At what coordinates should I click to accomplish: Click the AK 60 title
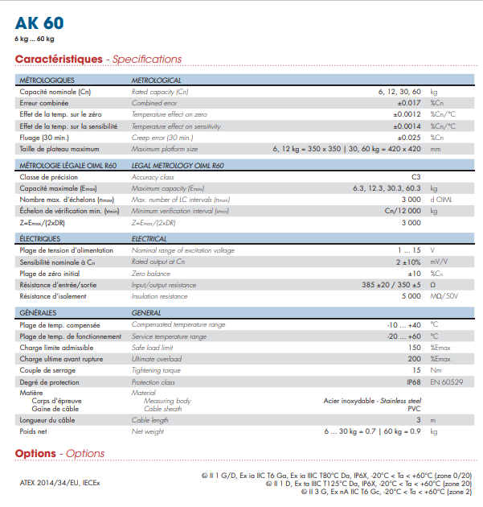coord(40,23)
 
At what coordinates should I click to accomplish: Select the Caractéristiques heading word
coord(59,60)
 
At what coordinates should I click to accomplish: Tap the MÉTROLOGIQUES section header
coord(47,80)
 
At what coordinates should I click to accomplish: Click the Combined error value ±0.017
coord(408,104)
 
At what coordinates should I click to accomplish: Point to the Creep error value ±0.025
coord(408,138)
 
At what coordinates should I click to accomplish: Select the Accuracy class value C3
coord(415,176)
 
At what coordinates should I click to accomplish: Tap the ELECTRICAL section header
coord(149,239)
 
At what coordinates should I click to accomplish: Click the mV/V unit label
coord(439,262)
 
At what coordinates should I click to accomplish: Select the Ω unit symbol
coord(433,285)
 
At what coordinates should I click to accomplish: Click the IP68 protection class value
coord(412,381)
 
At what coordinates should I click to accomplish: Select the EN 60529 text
coord(446,381)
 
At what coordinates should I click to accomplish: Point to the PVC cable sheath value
coord(415,409)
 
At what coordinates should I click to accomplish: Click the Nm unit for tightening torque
coord(435,370)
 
